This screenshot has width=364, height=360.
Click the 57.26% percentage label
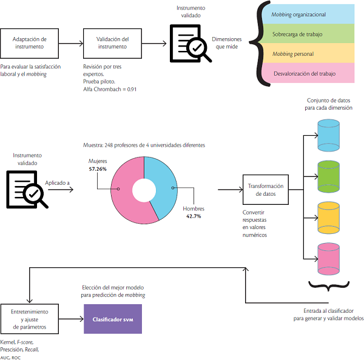tap(98, 169)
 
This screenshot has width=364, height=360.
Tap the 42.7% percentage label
tap(194, 216)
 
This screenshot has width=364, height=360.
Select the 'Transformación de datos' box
tap(265, 190)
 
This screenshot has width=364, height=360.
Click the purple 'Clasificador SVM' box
tap(112, 319)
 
